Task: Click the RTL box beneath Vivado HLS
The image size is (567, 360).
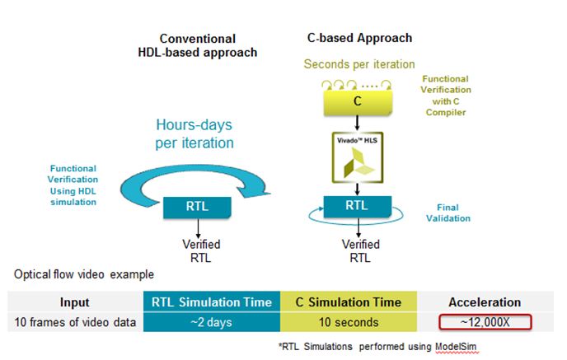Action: (357, 206)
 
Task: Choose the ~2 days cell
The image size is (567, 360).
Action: (212, 322)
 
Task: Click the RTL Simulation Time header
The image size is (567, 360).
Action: (212, 302)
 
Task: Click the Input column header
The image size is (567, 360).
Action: (75, 302)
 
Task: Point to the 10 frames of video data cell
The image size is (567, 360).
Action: (75, 322)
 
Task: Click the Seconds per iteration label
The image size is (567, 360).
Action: (359, 63)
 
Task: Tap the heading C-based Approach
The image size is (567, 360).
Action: (358, 38)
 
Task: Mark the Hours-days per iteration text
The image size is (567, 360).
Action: (194, 133)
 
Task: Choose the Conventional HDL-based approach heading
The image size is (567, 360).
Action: (198, 45)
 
